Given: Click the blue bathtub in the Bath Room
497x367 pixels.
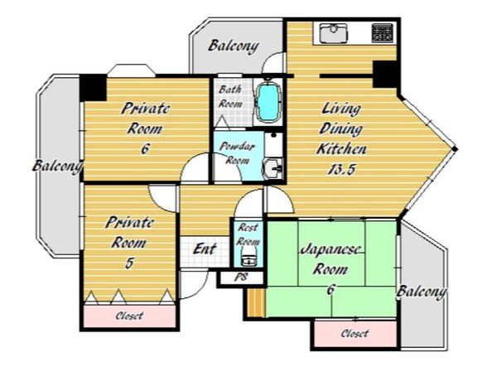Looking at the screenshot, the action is pyautogui.click(x=268, y=102).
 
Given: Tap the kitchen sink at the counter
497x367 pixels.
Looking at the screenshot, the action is pyautogui.click(x=334, y=34).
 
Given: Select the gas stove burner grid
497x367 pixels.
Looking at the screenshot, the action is pyautogui.click(x=382, y=33).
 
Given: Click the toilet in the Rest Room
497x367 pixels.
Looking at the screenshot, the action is pyautogui.click(x=248, y=257).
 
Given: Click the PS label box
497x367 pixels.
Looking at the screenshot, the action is pyautogui.click(x=242, y=278).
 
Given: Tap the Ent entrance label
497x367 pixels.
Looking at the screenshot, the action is pyautogui.click(x=205, y=249).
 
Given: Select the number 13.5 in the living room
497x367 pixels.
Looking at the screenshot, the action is pyautogui.click(x=341, y=169).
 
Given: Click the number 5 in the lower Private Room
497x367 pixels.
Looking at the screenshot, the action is pyautogui.click(x=129, y=263).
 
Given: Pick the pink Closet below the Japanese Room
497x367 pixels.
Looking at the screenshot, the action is pyautogui.click(x=355, y=334).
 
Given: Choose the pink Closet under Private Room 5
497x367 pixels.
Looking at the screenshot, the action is pyautogui.click(x=130, y=316).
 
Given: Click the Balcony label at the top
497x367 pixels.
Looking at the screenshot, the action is pyautogui.click(x=234, y=46).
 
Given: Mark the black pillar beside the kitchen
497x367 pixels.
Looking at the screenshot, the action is pyautogui.click(x=385, y=75).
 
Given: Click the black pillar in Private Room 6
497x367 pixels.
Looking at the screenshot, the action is pyautogui.click(x=93, y=88).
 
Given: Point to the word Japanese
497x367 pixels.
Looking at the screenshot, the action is pyautogui.click(x=331, y=249).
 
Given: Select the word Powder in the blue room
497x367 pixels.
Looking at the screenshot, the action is pyautogui.click(x=238, y=147).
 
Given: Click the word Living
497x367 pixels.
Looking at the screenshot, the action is pyautogui.click(x=341, y=109).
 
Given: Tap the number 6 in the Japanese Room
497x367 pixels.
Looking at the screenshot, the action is pyautogui.click(x=331, y=289).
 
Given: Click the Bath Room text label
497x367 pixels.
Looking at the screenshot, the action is pyautogui.click(x=231, y=96).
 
